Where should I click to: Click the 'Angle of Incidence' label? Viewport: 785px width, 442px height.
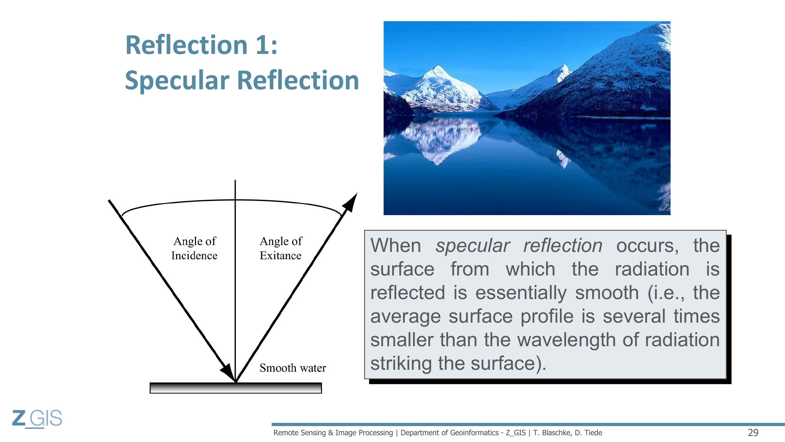195,248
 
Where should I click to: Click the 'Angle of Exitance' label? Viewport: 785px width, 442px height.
281,248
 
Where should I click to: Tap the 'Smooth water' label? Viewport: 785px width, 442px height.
293,367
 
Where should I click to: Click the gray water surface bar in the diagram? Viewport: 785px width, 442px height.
235,388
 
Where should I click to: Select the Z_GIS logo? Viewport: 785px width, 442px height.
37,418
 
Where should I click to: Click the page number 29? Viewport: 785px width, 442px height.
753,432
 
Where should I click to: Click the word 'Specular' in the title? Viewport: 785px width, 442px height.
177,80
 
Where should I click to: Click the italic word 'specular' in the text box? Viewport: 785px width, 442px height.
473,245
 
